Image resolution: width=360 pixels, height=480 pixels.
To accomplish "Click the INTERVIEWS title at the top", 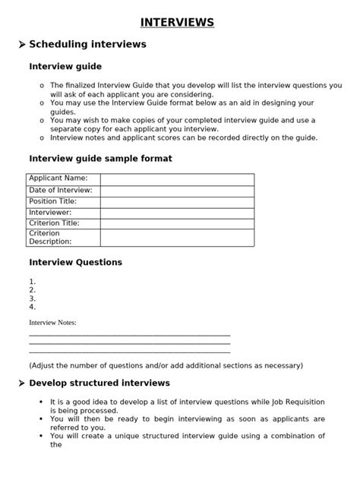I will (176, 23).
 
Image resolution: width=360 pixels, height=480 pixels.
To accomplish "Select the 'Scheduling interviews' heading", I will (87, 45).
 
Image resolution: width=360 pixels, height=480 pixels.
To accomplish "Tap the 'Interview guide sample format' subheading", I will (100, 159).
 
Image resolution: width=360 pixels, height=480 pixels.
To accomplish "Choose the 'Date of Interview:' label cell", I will (61, 190).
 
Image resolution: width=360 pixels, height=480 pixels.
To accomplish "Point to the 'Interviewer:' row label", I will (50, 213).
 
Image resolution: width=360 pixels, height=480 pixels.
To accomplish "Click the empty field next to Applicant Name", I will (177, 179).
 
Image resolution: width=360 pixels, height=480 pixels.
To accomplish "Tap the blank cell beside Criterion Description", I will (177, 238).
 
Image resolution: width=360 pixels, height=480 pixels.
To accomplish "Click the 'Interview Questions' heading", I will (75, 263).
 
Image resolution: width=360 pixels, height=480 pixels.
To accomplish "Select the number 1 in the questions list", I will (32, 282).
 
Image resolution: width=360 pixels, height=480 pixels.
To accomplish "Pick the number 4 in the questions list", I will (32, 307).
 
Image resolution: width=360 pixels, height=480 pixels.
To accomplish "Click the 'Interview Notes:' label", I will (52, 323).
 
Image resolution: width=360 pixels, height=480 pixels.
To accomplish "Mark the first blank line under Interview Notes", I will (129, 334).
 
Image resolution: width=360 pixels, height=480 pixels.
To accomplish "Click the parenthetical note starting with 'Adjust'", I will (166, 365).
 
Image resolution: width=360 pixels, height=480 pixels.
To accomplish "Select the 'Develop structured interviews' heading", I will (99, 384).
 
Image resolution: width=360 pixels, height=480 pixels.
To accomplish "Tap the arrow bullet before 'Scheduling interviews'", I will (21, 46).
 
